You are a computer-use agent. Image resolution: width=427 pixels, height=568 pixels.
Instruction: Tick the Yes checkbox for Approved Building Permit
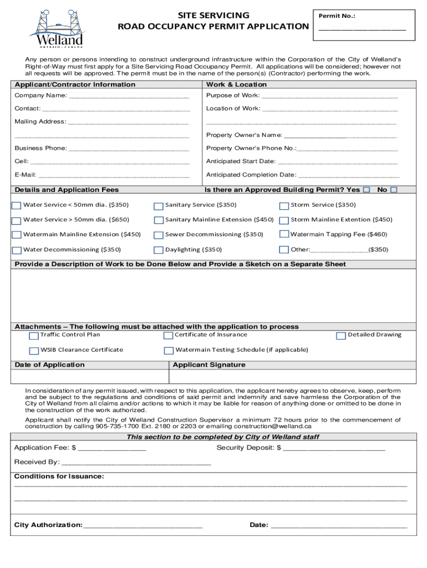pos(367,190)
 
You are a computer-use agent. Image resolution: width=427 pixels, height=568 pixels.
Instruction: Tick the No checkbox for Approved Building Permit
pos(394,190)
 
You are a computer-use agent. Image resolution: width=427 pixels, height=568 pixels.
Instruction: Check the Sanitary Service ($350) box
pos(159,206)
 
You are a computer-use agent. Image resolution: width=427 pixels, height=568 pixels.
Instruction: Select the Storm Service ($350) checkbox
pos(284,206)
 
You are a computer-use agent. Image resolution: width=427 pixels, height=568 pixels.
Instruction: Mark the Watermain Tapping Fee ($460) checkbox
pos(284,235)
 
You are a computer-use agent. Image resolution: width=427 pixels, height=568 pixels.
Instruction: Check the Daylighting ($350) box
pos(159,250)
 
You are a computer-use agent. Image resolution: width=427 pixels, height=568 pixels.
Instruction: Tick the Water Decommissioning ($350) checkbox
pos(17,250)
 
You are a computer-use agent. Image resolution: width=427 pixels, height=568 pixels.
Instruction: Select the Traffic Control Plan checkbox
pos(34,336)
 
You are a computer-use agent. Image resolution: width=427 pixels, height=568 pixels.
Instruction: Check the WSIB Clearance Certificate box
pos(34,351)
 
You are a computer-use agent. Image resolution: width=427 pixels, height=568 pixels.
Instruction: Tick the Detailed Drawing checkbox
pos(341,336)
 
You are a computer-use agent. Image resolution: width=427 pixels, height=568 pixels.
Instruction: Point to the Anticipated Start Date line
pos(337,163)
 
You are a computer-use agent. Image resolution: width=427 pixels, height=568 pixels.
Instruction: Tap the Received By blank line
pos(136,463)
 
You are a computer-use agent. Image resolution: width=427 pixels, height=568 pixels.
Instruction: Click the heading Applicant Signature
pos(209,365)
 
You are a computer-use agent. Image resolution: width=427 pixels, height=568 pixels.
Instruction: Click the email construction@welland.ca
pos(272,427)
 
